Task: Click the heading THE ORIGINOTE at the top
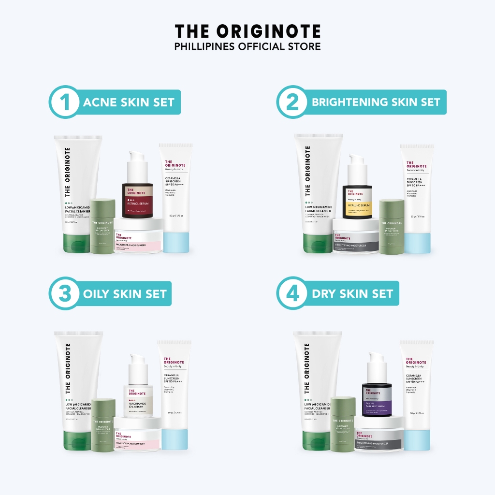[247, 31]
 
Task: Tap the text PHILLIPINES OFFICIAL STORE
[247, 46]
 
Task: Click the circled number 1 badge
[63, 102]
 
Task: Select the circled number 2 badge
[291, 102]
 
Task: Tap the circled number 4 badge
[291, 293]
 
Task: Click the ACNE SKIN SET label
[129, 102]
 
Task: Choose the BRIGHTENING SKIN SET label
[376, 102]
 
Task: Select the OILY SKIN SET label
[125, 293]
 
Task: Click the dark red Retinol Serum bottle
[137, 201]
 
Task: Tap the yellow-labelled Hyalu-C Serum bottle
[357, 201]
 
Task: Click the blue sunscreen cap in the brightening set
[417, 243]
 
